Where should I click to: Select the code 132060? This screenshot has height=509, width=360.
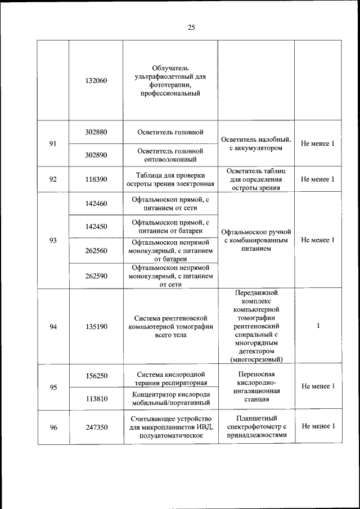coord(96,81)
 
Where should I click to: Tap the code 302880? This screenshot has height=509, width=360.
coord(96,133)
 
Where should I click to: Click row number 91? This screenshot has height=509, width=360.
coord(53,144)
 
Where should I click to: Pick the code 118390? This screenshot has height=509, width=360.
coord(96,179)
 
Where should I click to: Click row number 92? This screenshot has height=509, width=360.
coord(53,179)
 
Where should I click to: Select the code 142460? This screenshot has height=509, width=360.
coord(96,204)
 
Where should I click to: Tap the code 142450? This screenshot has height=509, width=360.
coord(96,227)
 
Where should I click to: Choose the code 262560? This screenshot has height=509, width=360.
coord(96,251)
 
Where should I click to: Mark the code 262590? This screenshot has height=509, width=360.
coord(96,276)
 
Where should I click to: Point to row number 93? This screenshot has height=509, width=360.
coord(53,240)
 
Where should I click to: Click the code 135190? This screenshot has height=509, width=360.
coord(96,327)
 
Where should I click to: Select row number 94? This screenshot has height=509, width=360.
coord(53,327)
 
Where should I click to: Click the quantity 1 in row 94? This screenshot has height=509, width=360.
coord(318,326)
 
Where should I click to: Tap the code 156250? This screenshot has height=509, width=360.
coord(96,375)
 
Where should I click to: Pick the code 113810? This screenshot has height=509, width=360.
coord(96,398)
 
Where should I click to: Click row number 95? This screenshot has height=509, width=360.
coord(53,387)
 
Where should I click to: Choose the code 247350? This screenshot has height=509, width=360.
coord(96,427)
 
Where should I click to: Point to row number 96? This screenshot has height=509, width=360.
coord(53,427)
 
